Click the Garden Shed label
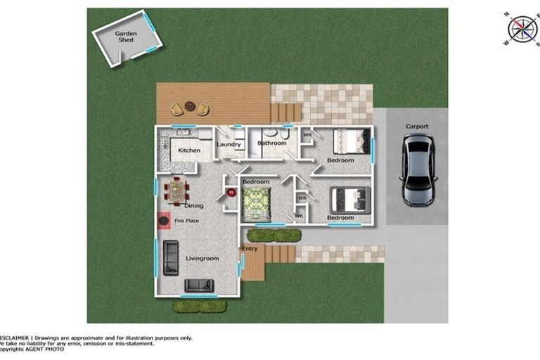126,37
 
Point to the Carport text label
417,127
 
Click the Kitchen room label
188,150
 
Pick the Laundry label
229,145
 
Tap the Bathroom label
271,143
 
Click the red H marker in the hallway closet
230,192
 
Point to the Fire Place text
186,221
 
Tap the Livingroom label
202,259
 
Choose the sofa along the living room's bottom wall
199,285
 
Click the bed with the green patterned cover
256,205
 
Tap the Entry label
250,249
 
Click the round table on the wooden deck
190,108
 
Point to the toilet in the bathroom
283,133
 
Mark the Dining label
194,206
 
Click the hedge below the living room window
200,307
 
